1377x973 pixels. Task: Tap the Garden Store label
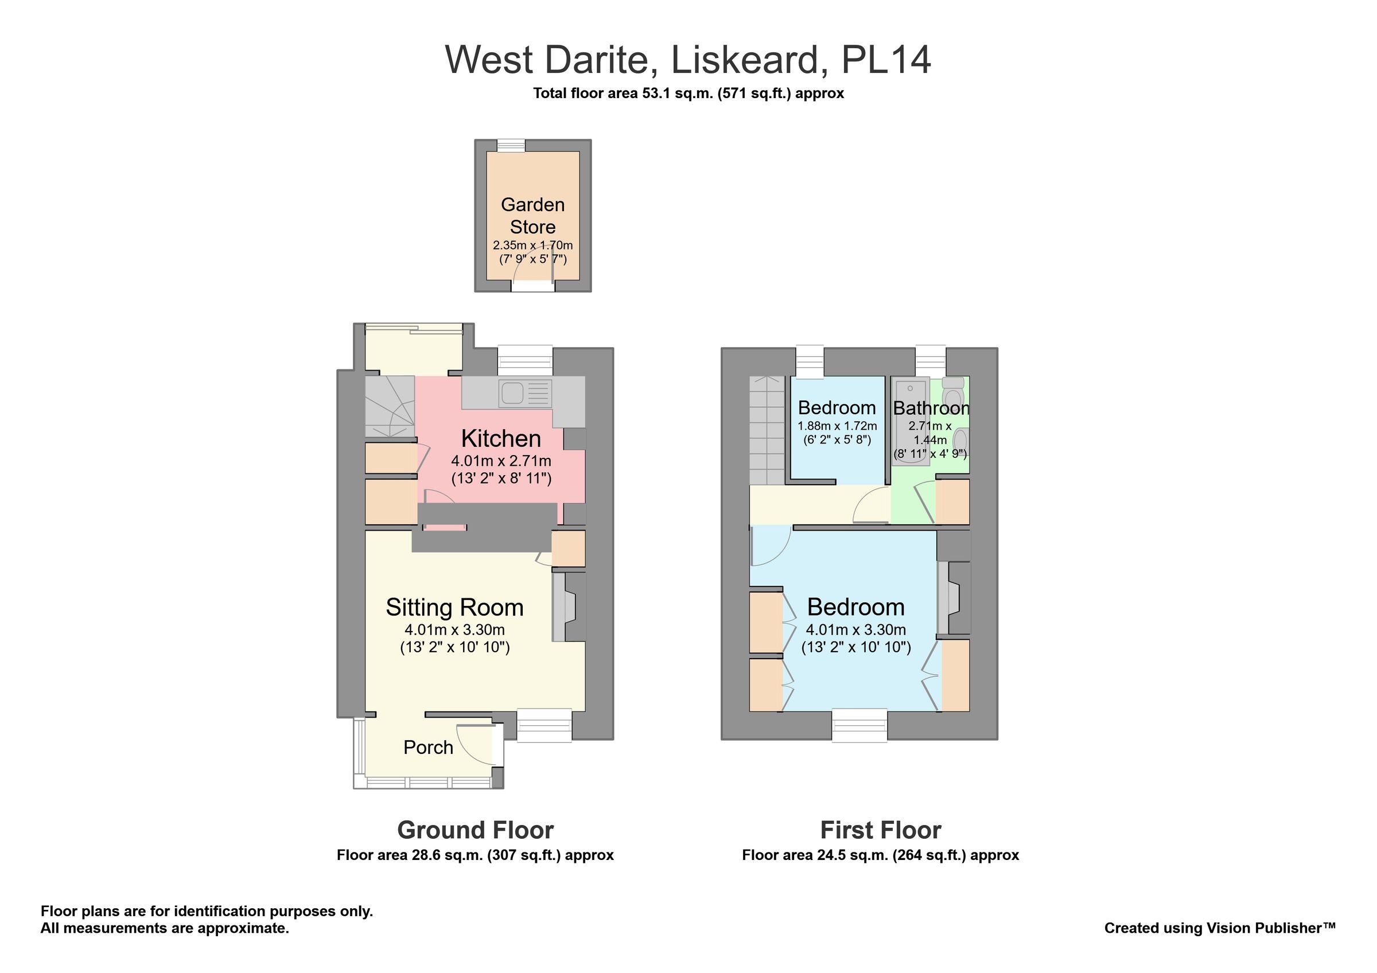(x=532, y=216)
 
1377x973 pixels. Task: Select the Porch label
(x=428, y=748)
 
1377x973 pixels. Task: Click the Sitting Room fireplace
(x=564, y=607)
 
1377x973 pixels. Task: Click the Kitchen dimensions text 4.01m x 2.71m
(x=501, y=461)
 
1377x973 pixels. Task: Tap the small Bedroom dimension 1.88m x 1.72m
(x=837, y=426)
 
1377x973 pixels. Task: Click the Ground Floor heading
(x=475, y=830)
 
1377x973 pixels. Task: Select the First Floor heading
(x=880, y=830)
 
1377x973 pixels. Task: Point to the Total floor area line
(x=688, y=94)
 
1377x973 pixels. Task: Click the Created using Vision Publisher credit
(x=1220, y=928)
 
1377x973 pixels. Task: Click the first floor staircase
(x=767, y=429)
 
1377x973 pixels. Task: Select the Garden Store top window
(x=511, y=145)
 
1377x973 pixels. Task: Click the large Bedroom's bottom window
(x=859, y=725)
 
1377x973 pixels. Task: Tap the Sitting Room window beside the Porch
(x=544, y=725)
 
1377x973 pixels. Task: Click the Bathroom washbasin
(x=960, y=441)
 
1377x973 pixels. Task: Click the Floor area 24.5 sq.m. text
(x=880, y=855)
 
